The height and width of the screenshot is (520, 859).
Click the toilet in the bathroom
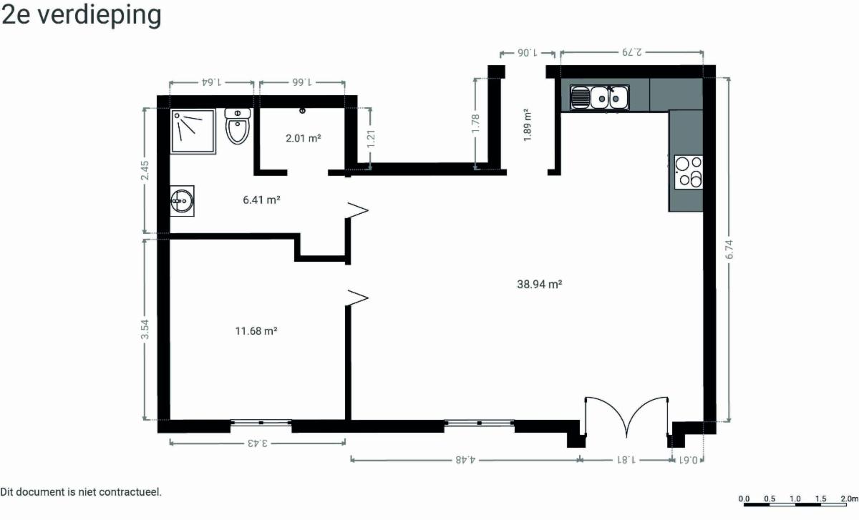pyautogui.click(x=238, y=126)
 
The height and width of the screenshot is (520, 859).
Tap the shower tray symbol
pyautogui.click(x=193, y=132)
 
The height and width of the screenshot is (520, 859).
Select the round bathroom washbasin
pyautogui.click(x=182, y=201)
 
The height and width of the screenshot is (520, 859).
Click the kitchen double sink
pyautogui.click(x=599, y=98)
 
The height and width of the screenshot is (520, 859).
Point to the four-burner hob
pyautogui.click(x=689, y=172)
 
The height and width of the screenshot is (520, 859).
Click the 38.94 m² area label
pyautogui.click(x=540, y=285)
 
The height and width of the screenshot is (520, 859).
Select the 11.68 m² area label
pyautogui.click(x=256, y=330)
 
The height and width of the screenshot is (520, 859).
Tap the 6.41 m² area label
pyautogui.click(x=261, y=200)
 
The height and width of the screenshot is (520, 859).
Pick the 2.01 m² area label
pyautogui.click(x=304, y=138)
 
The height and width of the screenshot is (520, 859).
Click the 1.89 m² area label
pyautogui.click(x=528, y=125)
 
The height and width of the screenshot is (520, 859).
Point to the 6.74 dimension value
pyautogui.click(x=729, y=250)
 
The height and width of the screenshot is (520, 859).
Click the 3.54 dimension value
pyautogui.click(x=145, y=330)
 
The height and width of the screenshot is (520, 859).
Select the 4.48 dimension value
pyautogui.click(x=465, y=460)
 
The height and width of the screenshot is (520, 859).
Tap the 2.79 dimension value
pyautogui.click(x=632, y=52)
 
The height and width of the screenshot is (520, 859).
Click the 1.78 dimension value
pyautogui.click(x=475, y=124)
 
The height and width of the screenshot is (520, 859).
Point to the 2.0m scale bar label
pyautogui.click(x=850, y=499)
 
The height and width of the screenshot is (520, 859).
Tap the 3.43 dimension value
pyautogui.click(x=258, y=443)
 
